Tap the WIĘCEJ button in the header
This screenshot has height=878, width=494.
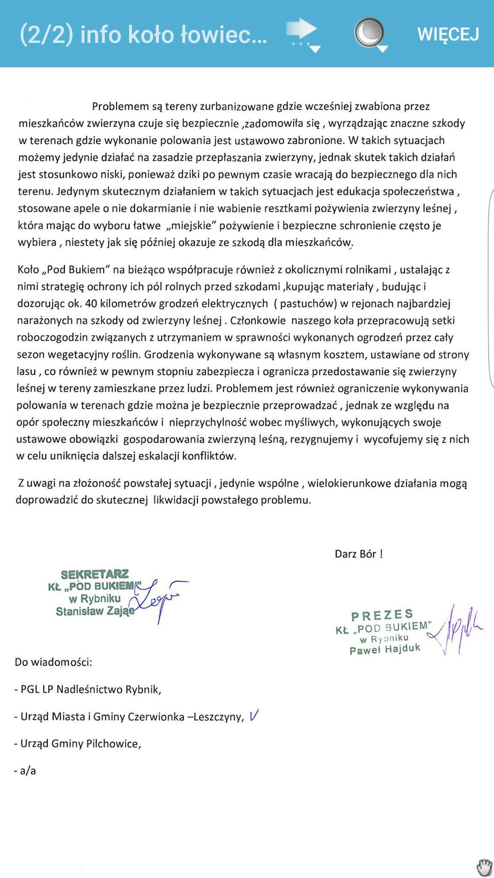tap(448, 34)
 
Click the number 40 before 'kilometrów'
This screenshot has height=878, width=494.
tap(91, 304)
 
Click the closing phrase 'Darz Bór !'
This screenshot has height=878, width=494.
tap(358, 554)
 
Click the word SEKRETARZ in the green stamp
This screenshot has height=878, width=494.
tap(95, 574)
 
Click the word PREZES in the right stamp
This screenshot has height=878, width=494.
tap(382, 616)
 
